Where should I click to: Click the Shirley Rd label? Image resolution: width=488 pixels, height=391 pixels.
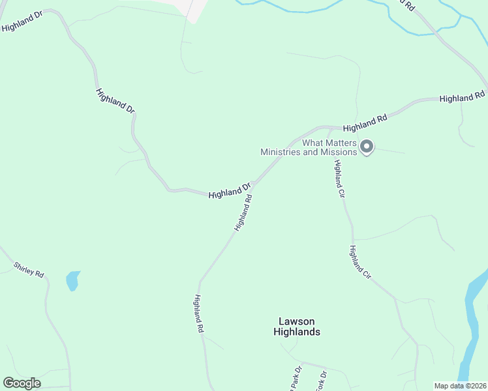point(29,270)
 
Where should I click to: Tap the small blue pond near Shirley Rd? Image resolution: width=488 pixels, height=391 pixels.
point(72,281)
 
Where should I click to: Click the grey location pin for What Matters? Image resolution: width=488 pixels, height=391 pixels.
point(367,147)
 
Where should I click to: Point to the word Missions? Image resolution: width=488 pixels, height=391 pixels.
point(337,152)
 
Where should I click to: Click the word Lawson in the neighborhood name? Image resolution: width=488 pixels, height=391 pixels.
point(297,321)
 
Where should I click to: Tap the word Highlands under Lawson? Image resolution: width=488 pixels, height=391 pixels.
point(297,332)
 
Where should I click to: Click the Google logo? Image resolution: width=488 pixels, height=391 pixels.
point(22,383)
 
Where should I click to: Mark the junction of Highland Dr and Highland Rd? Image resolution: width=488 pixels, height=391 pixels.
point(253,184)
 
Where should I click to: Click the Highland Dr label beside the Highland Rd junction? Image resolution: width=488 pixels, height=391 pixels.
point(230,190)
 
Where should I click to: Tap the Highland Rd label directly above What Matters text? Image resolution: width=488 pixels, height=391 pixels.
point(365,122)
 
